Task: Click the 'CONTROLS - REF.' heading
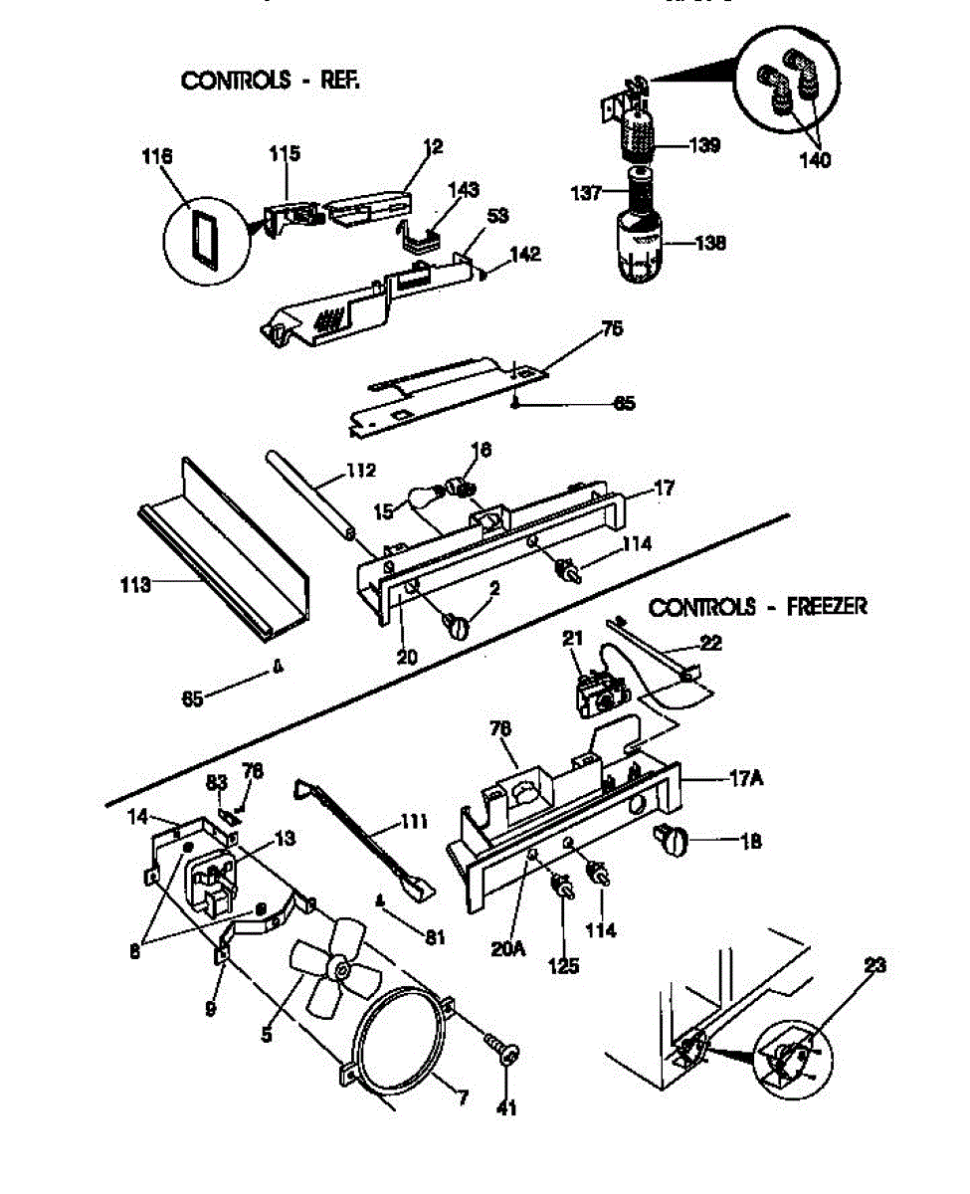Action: tap(269, 81)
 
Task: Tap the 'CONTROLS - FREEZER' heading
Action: tap(757, 607)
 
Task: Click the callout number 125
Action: tap(564, 964)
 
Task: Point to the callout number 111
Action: tap(413, 822)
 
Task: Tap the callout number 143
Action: tap(464, 189)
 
